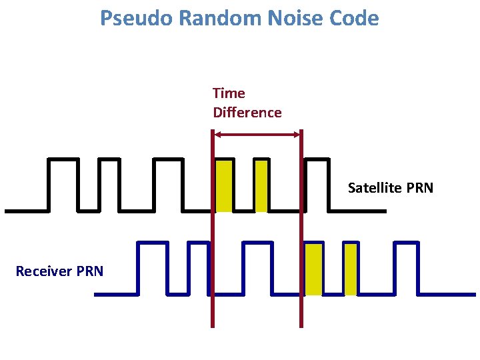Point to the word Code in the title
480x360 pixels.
(x=355, y=18)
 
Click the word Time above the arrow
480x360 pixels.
(x=229, y=93)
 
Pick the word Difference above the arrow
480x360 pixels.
(x=247, y=113)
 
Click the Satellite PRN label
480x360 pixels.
(x=390, y=188)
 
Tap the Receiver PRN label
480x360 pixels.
(x=59, y=271)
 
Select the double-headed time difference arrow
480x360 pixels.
(x=257, y=135)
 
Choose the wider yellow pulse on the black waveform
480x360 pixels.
(x=224, y=185)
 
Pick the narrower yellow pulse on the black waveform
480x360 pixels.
(x=261, y=185)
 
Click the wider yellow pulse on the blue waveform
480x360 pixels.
(x=313, y=269)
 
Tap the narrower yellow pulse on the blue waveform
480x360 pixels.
(x=351, y=269)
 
